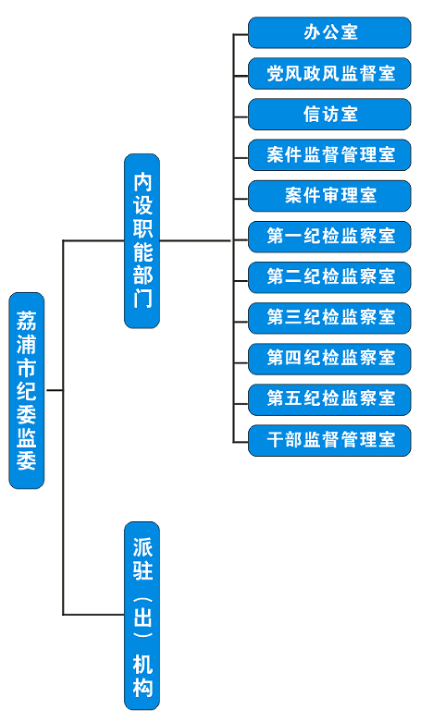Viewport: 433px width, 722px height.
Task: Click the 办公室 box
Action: [x=329, y=32]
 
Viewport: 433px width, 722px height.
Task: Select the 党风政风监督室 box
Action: [x=329, y=74]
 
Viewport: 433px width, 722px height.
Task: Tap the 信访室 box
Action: [x=329, y=115]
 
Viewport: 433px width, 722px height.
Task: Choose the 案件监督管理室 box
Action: [x=329, y=155]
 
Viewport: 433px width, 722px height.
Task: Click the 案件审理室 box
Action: [x=329, y=196]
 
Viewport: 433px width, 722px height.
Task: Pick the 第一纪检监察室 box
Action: [x=329, y=237]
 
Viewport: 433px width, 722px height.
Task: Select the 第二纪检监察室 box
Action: [x=329, y=277]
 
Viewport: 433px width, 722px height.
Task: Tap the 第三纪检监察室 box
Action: [x=329, y=318]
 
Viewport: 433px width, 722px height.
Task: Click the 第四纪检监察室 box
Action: [x=329, y=359]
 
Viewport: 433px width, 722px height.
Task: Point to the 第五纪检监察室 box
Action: [x=329, y=399]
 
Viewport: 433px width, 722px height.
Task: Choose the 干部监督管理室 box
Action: [x=329, y=441]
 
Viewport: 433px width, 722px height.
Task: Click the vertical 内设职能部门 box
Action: [x=142, y=240]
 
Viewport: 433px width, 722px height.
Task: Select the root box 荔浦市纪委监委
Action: [x=27, y=390]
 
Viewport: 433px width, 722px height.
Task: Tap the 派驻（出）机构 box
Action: [x=142, y=616]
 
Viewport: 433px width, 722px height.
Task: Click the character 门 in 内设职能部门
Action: [x=142, y=299]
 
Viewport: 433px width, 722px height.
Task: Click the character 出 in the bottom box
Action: [x=142, y=617]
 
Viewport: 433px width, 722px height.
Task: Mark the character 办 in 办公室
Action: [x=311, y=32]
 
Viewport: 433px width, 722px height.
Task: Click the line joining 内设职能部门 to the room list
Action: [x=196, y=240]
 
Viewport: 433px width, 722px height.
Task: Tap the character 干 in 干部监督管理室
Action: [x=275, y=440]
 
